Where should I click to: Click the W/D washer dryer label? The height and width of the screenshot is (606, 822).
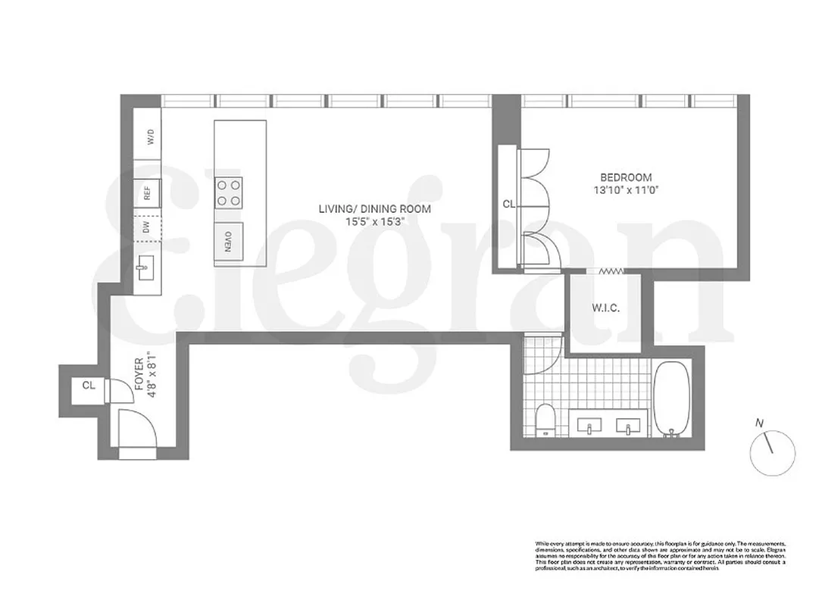[150, 137]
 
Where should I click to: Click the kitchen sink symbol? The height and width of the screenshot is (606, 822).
[147, 265]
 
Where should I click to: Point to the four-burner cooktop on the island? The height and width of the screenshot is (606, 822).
[230, 192]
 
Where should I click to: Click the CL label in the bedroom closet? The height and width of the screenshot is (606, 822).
[508, 204]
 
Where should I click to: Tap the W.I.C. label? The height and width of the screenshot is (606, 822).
[605, 308]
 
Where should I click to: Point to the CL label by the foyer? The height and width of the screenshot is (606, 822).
[89, 385]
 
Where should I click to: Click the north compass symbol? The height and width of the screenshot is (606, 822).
[771, 451]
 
